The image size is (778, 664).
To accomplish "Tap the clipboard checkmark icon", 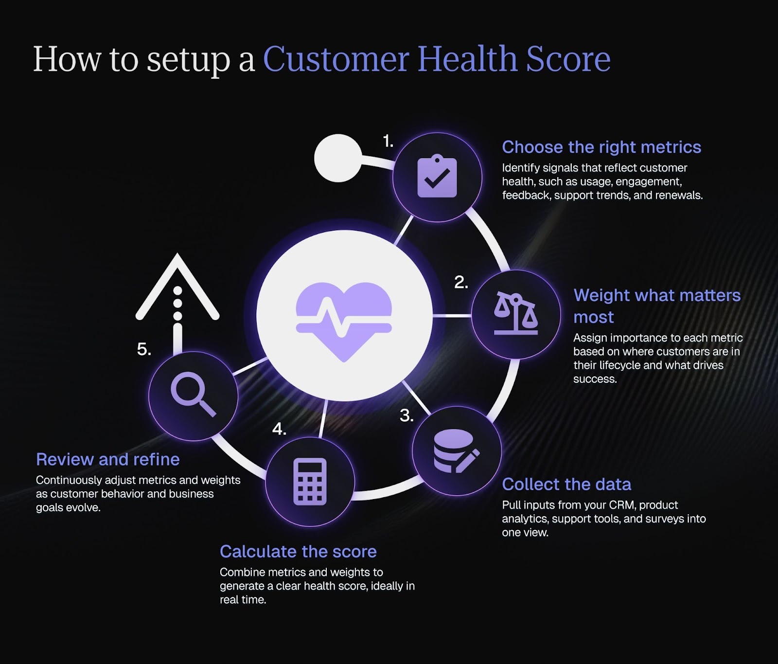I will [437, 177].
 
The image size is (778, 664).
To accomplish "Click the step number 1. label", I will [388, 142].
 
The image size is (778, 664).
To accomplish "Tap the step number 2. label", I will [461, 282].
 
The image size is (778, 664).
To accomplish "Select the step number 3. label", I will [407, 415].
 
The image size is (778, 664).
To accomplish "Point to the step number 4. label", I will [279, 429].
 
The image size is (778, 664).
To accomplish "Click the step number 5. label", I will [144, 349].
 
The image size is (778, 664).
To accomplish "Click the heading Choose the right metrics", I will [601, 147].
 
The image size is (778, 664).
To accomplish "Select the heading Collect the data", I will [566, 485].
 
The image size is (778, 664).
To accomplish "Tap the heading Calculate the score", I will [298, 552].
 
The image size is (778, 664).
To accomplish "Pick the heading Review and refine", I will [108, 459].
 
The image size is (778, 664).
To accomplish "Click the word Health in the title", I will [467, 59].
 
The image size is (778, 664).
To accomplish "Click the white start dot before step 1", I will [337, 158].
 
